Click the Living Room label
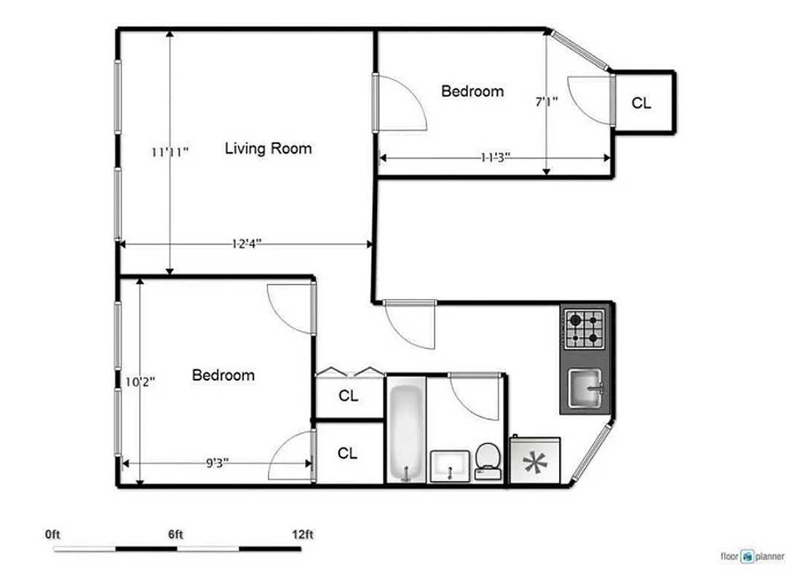coord(268,149)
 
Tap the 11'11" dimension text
coord(170,152)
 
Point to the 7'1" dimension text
coord(546,102)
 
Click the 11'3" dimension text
coord(495,157)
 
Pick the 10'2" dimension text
coord(138,380)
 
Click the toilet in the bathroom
coord(486,461)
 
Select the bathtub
coord(405,434)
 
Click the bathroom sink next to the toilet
coord(451,466)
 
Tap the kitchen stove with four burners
coord(585,328)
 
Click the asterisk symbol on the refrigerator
coord(537,462)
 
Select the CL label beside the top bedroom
coord(641,103)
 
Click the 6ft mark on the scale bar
coord(175,535)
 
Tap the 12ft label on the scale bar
coord(302,535)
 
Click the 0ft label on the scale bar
coord(52,535)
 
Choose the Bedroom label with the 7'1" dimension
coord(472,92)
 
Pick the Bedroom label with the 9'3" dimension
coord(223,375)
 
